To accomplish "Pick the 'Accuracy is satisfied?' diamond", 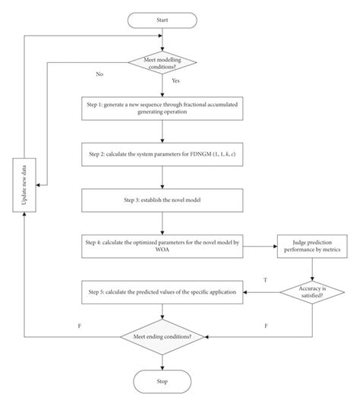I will coord(311,292).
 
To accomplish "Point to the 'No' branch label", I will coord(99,75).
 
